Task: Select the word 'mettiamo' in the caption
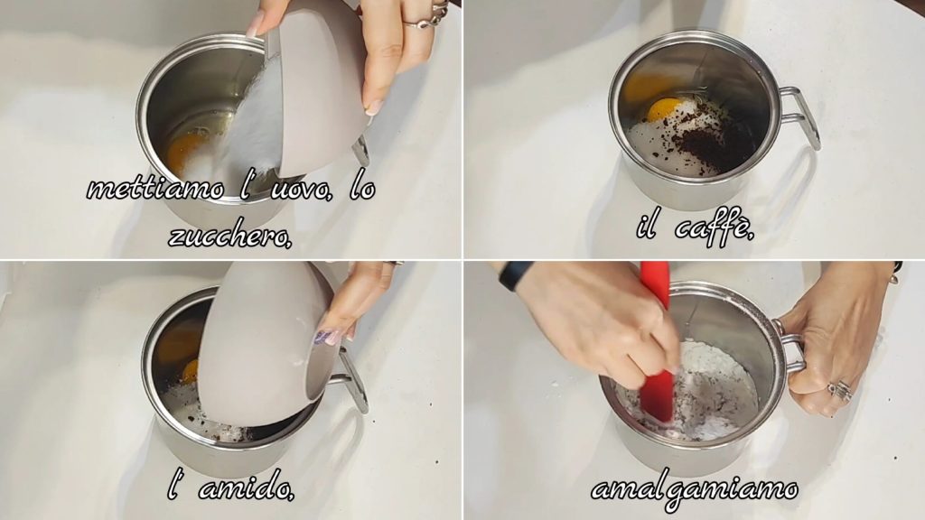(x=156, y=190)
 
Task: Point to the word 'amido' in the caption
(x=246, y=488)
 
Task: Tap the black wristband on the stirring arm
(x=509, y=274)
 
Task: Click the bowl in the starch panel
(x=268, y=345)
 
